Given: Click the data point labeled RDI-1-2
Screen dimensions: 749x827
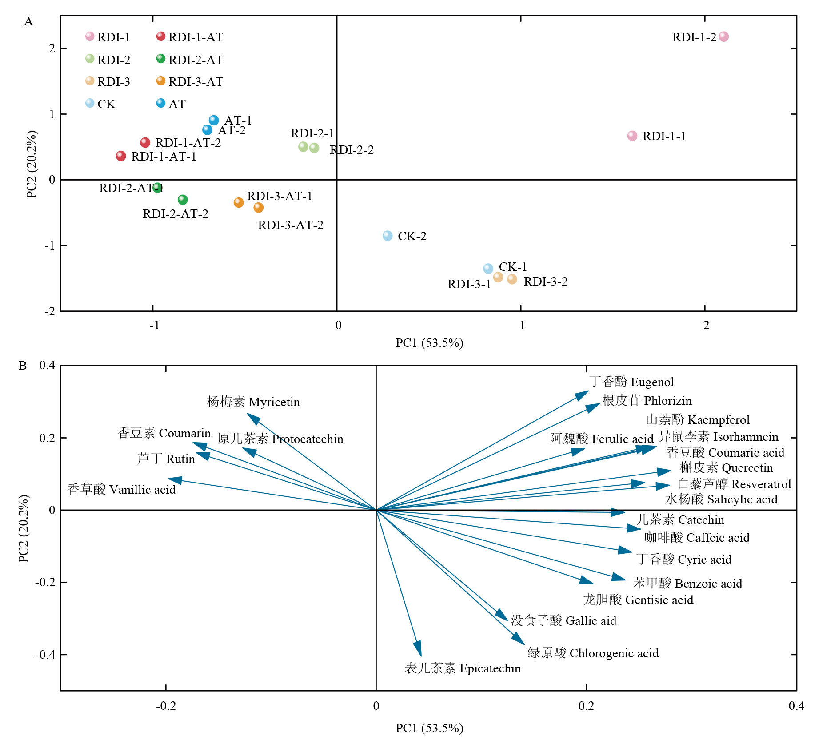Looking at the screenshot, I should click(723, 37).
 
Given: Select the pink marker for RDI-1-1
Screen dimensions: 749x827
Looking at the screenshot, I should click(632, 136).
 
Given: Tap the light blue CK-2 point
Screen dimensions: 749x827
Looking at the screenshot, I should click(388, 236).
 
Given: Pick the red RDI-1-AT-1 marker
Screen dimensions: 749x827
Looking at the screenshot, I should click(121, 156).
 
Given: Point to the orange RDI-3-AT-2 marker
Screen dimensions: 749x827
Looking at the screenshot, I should click(258, 208).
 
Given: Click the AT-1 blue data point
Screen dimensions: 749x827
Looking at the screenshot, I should click(214, 121).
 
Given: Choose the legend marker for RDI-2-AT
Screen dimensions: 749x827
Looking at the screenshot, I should click(161, 59).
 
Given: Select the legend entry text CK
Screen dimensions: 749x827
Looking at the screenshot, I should click(106, 104).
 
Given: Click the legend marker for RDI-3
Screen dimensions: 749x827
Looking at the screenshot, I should click(90, 81).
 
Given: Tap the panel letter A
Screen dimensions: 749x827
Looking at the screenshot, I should click(28, 22).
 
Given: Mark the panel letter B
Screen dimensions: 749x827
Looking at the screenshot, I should click(23, 366).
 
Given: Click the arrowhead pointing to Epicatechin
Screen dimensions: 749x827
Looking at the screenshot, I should click(418, 650).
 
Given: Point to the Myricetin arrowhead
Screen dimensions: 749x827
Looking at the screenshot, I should click(252, 418).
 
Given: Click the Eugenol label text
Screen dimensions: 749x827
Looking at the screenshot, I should click(652, 382).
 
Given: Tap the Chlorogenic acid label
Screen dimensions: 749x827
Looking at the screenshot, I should click(614, 653).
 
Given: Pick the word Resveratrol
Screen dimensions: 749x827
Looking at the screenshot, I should click(761, 484).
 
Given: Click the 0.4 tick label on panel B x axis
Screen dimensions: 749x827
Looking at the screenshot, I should click(796, 706).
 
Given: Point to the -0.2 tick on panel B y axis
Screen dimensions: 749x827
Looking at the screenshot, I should click(46, 582).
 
